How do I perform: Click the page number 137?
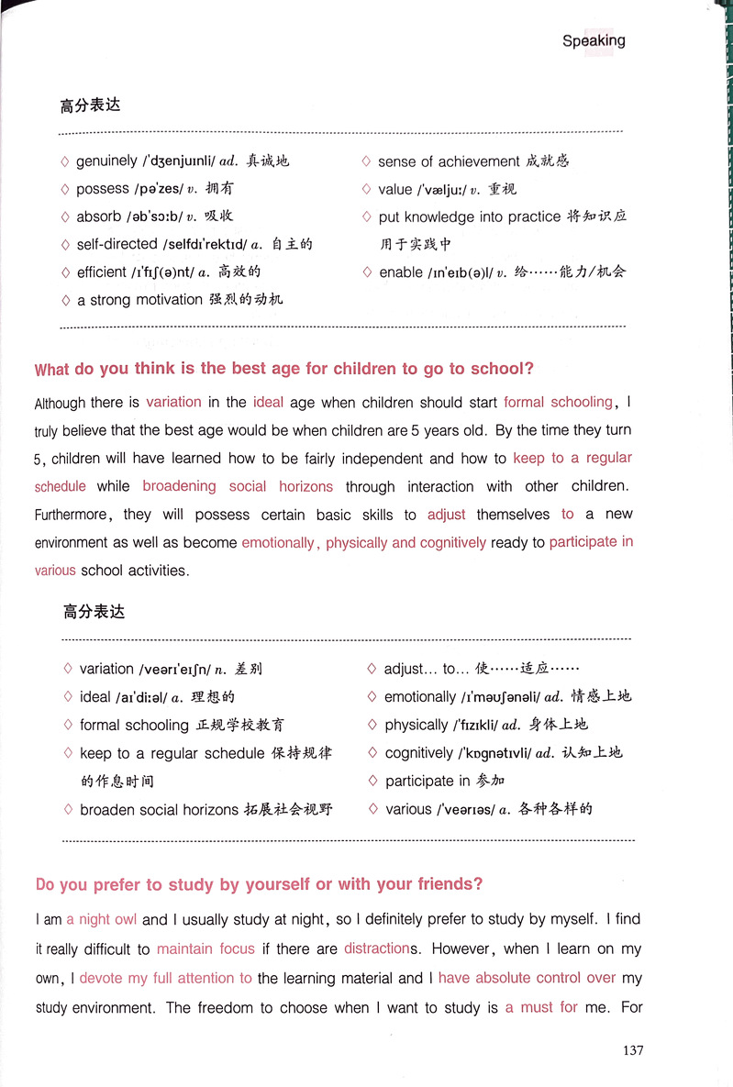632,1049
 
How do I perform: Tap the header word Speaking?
594,40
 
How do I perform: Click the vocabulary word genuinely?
106,161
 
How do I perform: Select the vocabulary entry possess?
103,189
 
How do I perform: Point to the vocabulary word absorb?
99,216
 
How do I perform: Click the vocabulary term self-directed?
117,244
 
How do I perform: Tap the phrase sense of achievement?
449,161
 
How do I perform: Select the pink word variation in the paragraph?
173,402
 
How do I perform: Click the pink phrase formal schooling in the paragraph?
559,402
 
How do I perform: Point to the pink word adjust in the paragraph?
447,515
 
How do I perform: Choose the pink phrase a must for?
541,1007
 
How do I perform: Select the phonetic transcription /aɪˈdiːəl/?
150,697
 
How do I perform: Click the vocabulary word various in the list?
408,809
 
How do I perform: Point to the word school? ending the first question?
502,370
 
